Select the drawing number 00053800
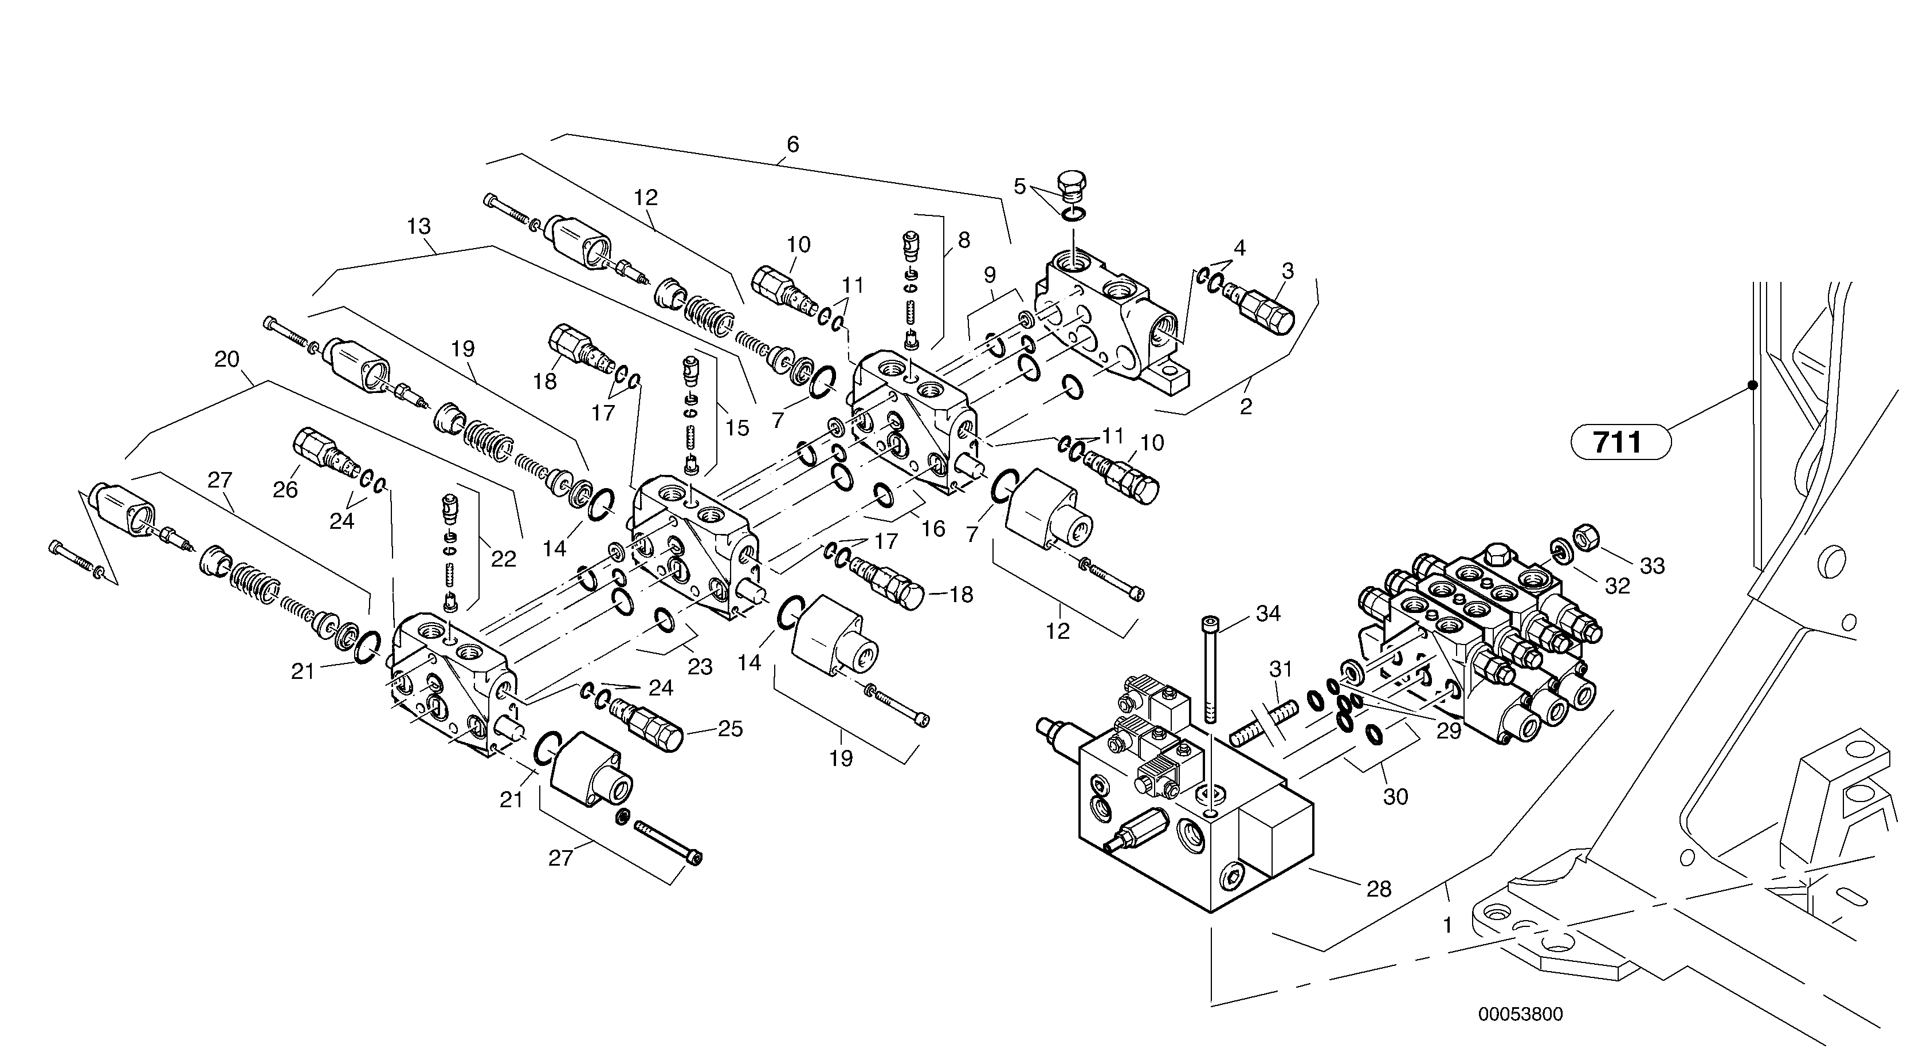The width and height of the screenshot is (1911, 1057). (1520, 1015)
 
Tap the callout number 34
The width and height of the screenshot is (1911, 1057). (1268, 614)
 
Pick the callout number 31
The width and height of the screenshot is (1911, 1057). (1281, 669)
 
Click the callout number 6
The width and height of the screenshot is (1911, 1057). (793, 144)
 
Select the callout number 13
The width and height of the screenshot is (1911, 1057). (419, 226)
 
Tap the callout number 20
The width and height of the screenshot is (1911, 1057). (227, 360)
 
